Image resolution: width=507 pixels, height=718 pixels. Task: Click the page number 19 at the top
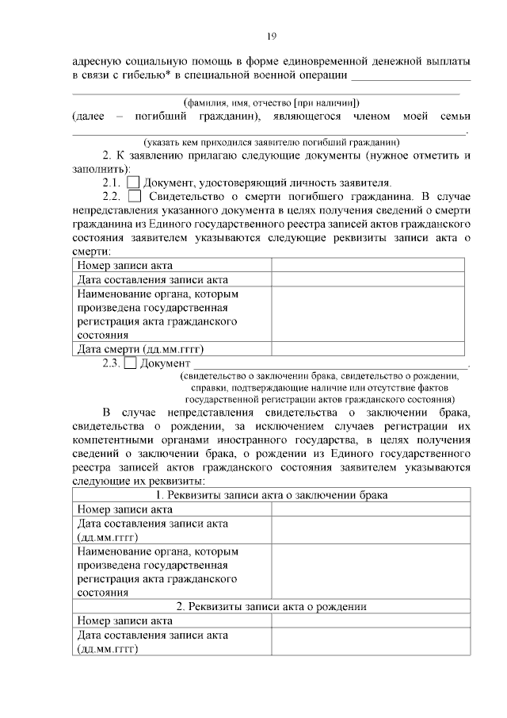[270, 36]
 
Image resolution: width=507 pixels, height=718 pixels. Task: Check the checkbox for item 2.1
[133, 182]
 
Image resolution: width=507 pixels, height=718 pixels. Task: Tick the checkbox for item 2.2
[135, 196]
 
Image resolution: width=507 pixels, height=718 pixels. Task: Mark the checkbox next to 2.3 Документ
[132, 363]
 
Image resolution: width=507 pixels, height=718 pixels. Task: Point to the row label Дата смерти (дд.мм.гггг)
[140, 348]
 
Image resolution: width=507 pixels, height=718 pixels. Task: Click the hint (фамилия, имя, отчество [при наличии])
[271, 102]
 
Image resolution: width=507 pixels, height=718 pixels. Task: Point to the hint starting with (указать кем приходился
[271, 141]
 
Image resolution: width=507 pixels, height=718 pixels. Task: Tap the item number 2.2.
[110, 196]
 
